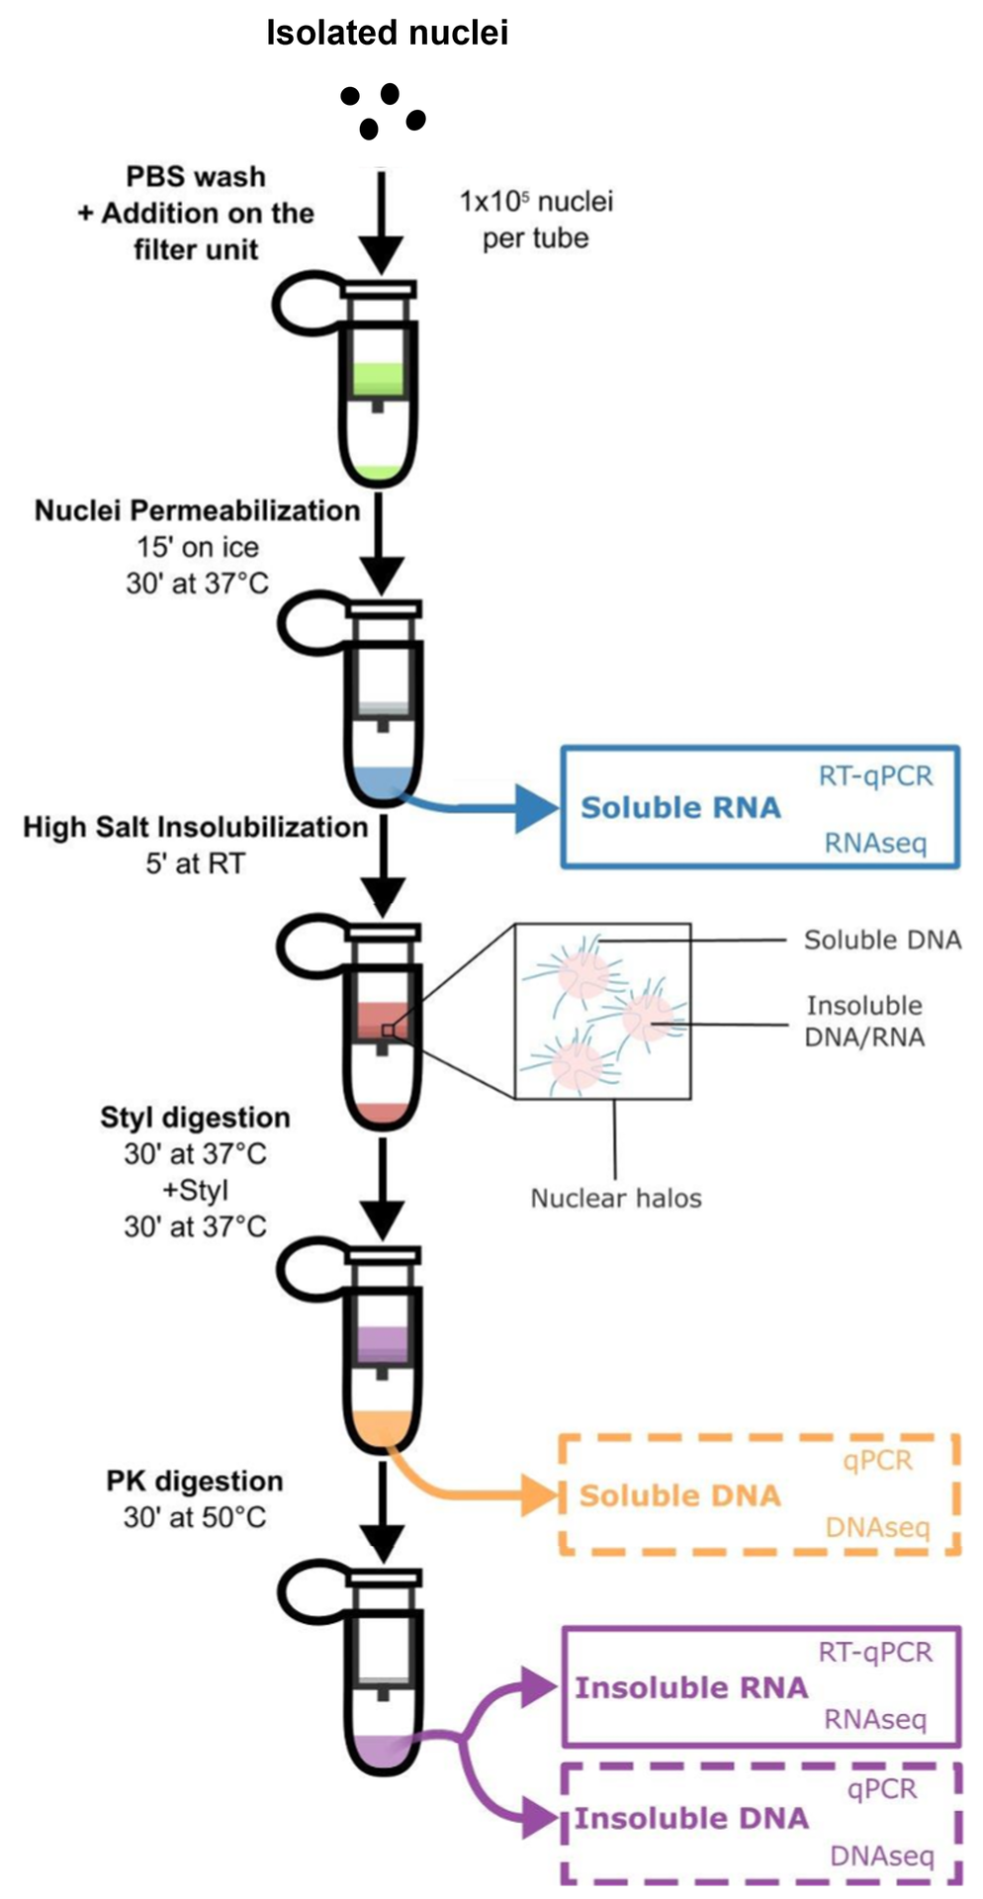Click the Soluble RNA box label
coord(680,808)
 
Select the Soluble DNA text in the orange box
coord(679,1495)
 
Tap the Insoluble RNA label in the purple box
coord(691,1687)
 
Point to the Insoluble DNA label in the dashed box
coord(691,1818)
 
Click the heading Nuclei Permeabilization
coord(197,510)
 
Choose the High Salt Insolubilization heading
coord(196,827)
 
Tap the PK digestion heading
coord(195,1481)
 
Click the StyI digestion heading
coord(195,1118)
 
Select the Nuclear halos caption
coord(616,1199)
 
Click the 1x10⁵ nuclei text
coord(535,202)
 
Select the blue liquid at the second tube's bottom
coord(384,780)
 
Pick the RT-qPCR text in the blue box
coord(875,775)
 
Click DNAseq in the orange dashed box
coord(878,1529)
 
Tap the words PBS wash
coord(196,177)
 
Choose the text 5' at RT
coord(195,863)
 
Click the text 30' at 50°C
coord(195,1517)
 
